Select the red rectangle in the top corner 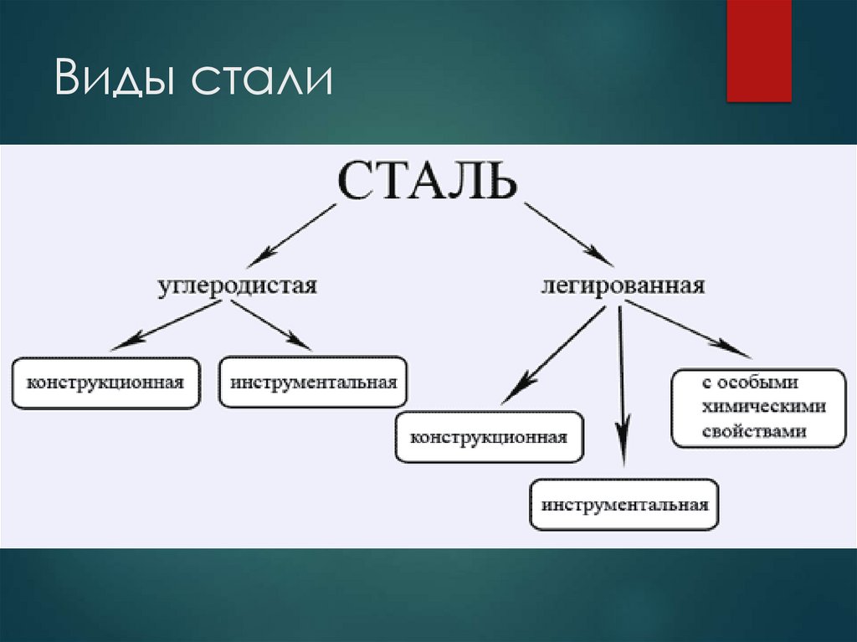[758, 50]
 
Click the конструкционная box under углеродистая [105, 383]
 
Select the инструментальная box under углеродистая [313, 383]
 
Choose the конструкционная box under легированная [489, 437]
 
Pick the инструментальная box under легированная [624, 505]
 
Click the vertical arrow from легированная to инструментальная [621, 385]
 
